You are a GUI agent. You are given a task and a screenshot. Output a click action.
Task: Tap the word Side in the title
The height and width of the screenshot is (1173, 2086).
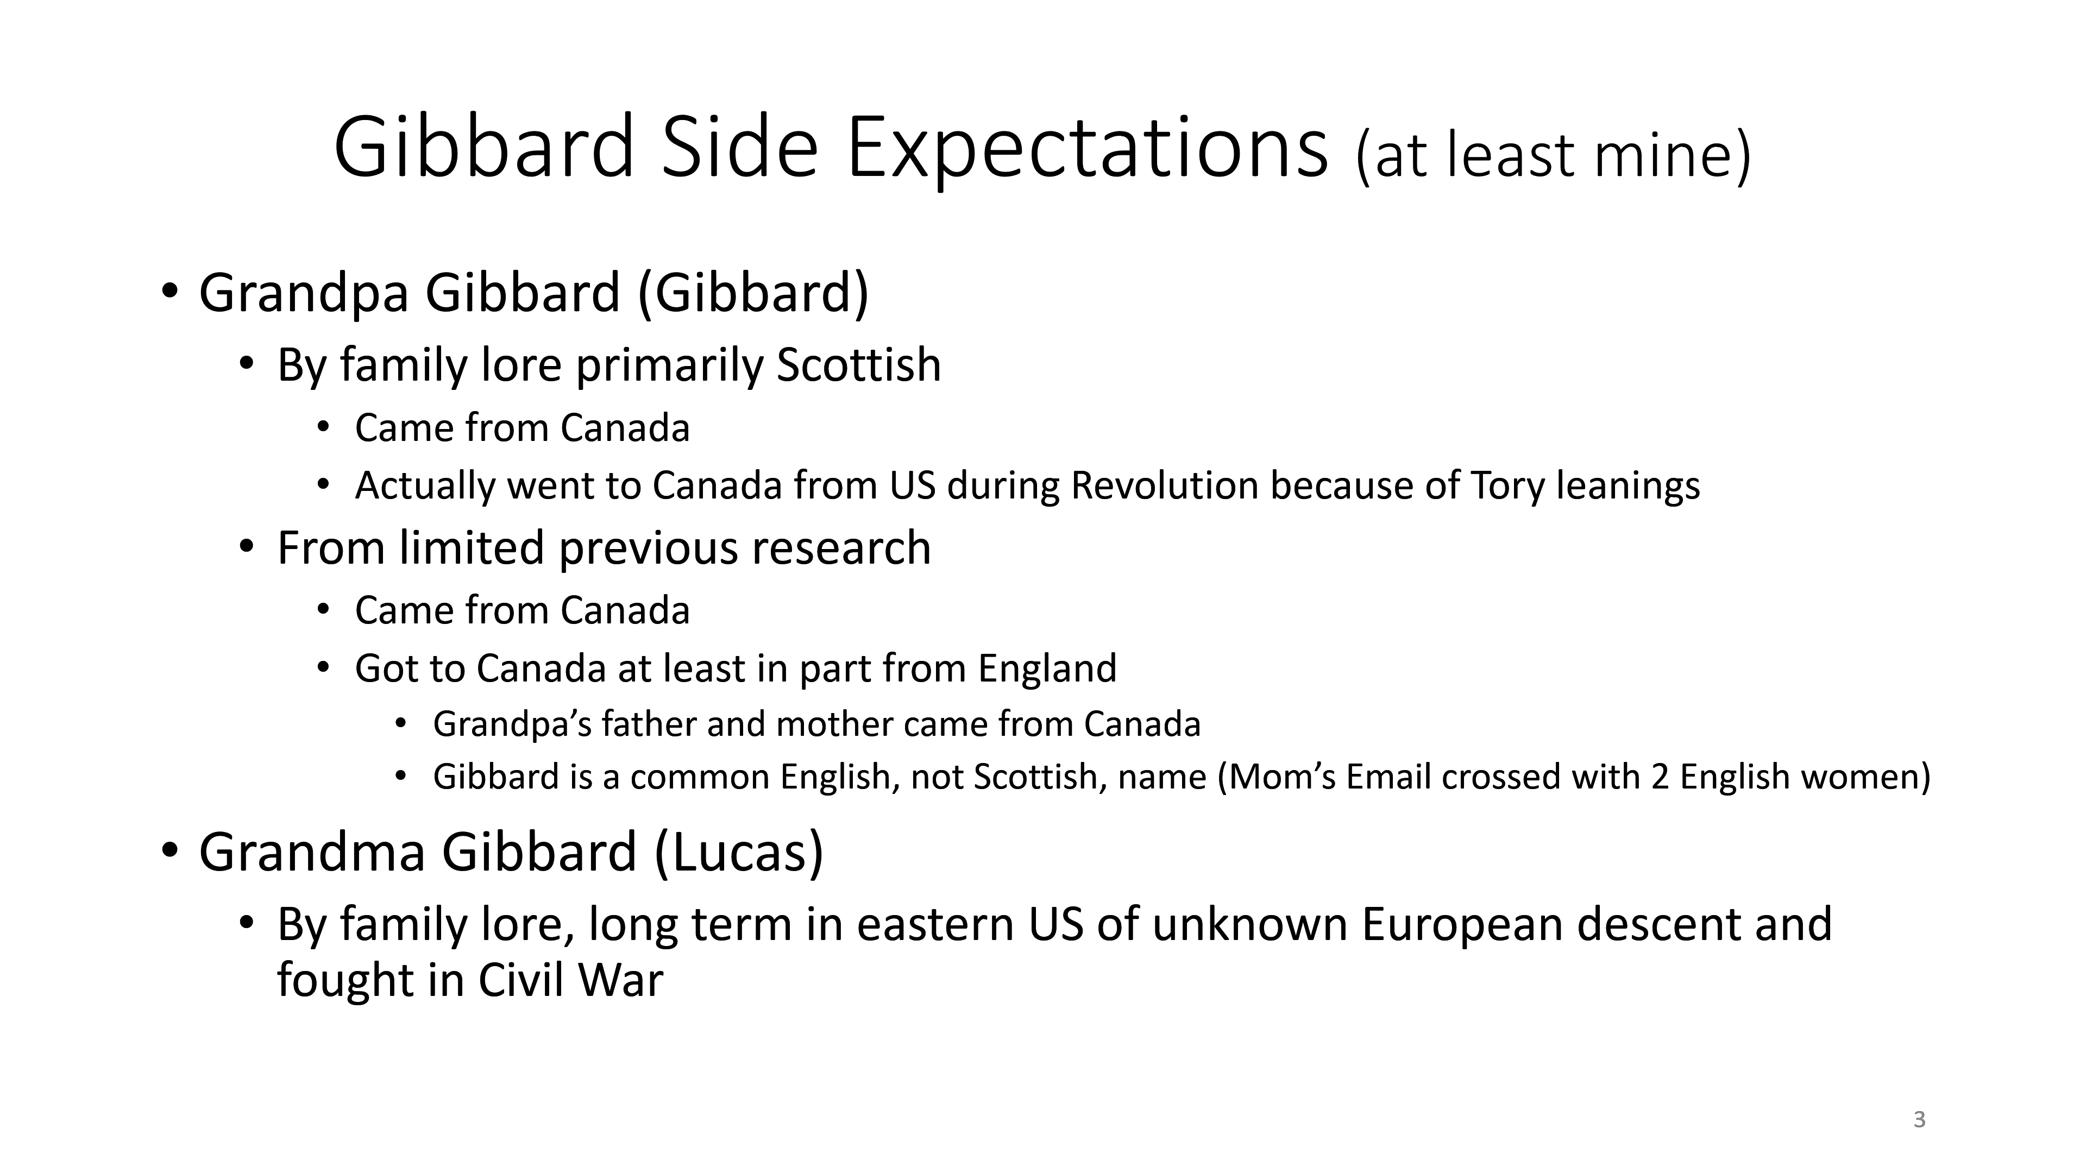point(740,147)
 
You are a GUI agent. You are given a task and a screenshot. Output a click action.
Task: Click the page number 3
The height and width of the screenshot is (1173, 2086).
point(1919,1120)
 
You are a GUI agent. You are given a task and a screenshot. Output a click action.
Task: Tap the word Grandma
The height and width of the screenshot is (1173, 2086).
point(312,853)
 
